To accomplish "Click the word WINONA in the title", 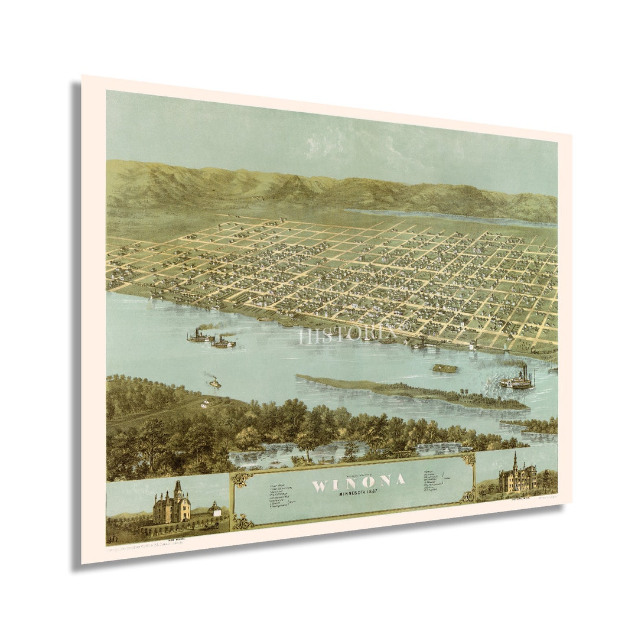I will tap(358, 482).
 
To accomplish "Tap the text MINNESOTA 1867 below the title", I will tap(360, 494).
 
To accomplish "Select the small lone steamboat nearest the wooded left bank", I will tap(214, 383).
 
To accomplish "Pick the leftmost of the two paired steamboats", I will tap(200, 336).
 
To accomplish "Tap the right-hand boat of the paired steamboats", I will tap(224, 342).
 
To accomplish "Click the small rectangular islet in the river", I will tap(445, 369).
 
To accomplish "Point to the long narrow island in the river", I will tap(408, 392).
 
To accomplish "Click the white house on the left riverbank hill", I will tap(206, 404).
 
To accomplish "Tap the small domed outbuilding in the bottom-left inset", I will tap(215, 509).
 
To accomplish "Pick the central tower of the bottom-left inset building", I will tap(177, 491).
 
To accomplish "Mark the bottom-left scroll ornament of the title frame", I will tap(241, 521).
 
